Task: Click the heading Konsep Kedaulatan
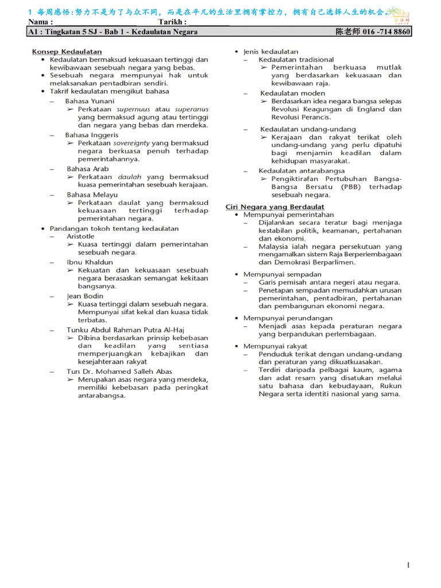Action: pyautogui.click(x=67, y=52)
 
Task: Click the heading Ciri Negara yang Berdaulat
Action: pyautogui.click(x=274, y=207)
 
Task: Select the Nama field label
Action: pyautogui.click(x=41, y=22)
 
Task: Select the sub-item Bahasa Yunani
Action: pyautogui.click(x=90, y=101)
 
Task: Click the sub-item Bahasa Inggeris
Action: pyautogui.click(x=91, y=135)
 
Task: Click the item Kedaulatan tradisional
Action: pyautogui.click(x=296, y=60)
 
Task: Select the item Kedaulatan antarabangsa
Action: pyautogui.click(x=301, y=171)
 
